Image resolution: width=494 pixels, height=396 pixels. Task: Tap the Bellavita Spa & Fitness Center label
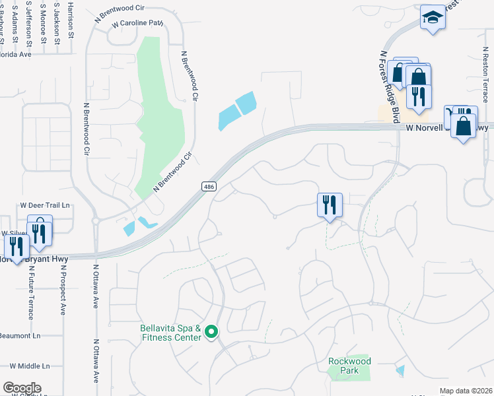(170, 333)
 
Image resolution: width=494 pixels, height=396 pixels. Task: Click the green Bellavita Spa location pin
(211, 331)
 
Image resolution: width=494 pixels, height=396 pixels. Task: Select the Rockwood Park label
(349, 366)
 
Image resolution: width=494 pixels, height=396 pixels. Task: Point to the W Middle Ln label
(29, 366)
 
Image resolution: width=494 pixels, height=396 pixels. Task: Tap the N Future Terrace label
(30, 290)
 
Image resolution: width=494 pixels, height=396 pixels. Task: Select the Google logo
(22, 387)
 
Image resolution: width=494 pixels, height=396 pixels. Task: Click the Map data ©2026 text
(466, 391)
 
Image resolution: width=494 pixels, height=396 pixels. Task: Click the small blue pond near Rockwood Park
(400, 371)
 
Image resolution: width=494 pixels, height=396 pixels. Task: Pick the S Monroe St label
(43, 24)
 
